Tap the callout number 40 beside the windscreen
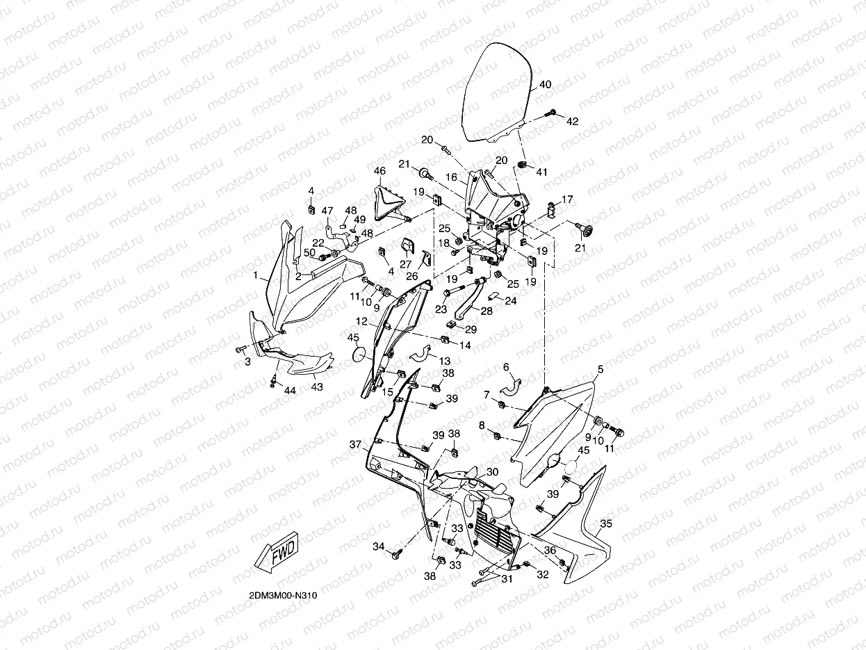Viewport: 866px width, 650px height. coord(546,85)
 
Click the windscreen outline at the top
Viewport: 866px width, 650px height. coord(498,90)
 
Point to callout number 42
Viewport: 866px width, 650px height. coord(572,121)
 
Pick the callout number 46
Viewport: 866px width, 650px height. coord(379,171)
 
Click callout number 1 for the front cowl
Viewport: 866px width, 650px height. coord(255,276)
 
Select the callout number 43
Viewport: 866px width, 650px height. coord(316,387)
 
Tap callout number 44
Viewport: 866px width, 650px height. coord(290,391)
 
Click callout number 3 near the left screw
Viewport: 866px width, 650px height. coord(245,362)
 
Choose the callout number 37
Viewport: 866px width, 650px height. coord(355,444)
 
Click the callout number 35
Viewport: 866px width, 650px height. coord(605,523)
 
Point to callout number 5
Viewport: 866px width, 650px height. coord(601,368)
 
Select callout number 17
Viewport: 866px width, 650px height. coord(568,200)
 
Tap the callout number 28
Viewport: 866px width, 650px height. coord(487,311)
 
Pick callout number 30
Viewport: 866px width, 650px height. coord(492,472)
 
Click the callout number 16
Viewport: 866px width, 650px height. coord(452,177)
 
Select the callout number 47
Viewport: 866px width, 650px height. coord(327,210)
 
